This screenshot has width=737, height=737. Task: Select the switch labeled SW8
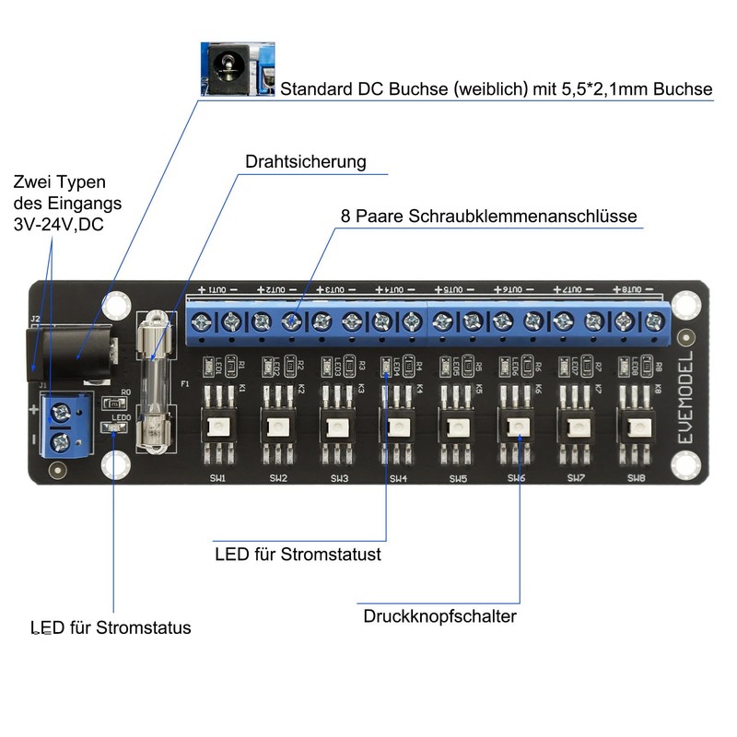click(x=637, y=427)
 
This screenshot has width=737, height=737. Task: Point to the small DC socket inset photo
click(x=238, y=68)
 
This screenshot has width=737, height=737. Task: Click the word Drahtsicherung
click(x=305, y=162)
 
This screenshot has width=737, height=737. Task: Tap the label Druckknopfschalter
click(x=439, y=616)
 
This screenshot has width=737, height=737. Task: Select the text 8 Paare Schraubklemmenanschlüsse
click(x=488, y=216)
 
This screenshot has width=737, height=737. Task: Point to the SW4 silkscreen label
click(x=398, y=479)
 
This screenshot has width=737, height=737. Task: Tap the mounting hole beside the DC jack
click(x=115, y=306)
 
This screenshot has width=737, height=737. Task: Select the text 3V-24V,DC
click(x=59, y=225)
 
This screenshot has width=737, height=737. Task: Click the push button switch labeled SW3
click(x=338, y=427)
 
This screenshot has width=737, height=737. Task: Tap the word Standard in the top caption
click(x=318, y=89)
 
